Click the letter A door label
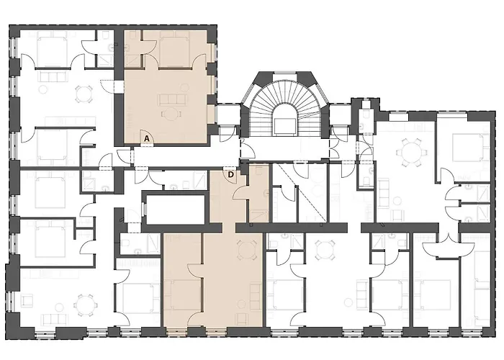click(x=147, y=139)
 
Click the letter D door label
click(x=230, y=175)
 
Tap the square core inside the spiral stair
click(x=284, y=125)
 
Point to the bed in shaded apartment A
click(x=174, y=51)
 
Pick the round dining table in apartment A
click(x=171, y=114)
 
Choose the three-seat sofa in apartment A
click(x=171, y=100)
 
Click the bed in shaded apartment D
click(x=183, y=295)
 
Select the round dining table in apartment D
click(x=246, y=249)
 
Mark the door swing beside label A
click(x=147, y=138)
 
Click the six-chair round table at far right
click(x=408, y=152)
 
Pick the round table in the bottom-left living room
click(x=84, y=304)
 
